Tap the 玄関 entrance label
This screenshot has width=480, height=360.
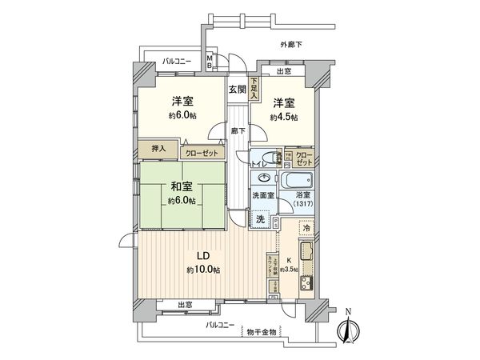coord(237,90)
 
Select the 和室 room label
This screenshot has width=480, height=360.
coord(183,189)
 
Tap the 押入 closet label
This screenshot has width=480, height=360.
coord(159,148)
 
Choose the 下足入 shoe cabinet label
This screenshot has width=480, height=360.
coord(254,86)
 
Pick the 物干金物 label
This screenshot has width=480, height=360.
coord(262,332)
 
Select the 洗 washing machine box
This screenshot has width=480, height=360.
coord(260,218)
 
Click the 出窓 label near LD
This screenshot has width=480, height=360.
coord(185,305)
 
